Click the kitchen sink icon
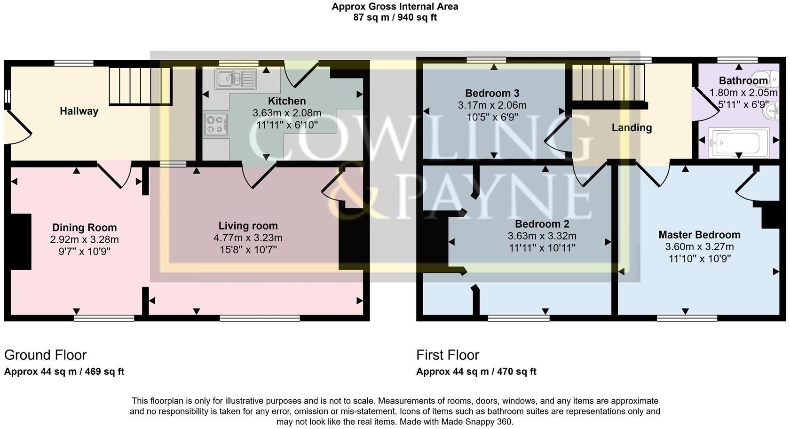point(235,79)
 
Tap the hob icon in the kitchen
point(216,125)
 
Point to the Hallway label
point(79,111)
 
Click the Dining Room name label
point(84,228)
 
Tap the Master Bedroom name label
point(699,235)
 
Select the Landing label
point(631,127)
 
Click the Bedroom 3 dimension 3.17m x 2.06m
point(492,105)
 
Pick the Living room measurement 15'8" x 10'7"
point(248,249)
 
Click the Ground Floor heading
point(46,355)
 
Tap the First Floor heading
point(447,355)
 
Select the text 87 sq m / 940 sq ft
point(395,17)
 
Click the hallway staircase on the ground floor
point(140,86)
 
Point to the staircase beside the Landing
point(607,82)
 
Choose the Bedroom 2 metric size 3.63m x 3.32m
point(542,236)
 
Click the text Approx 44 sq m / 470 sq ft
point(476,372)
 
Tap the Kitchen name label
point(286,101)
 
